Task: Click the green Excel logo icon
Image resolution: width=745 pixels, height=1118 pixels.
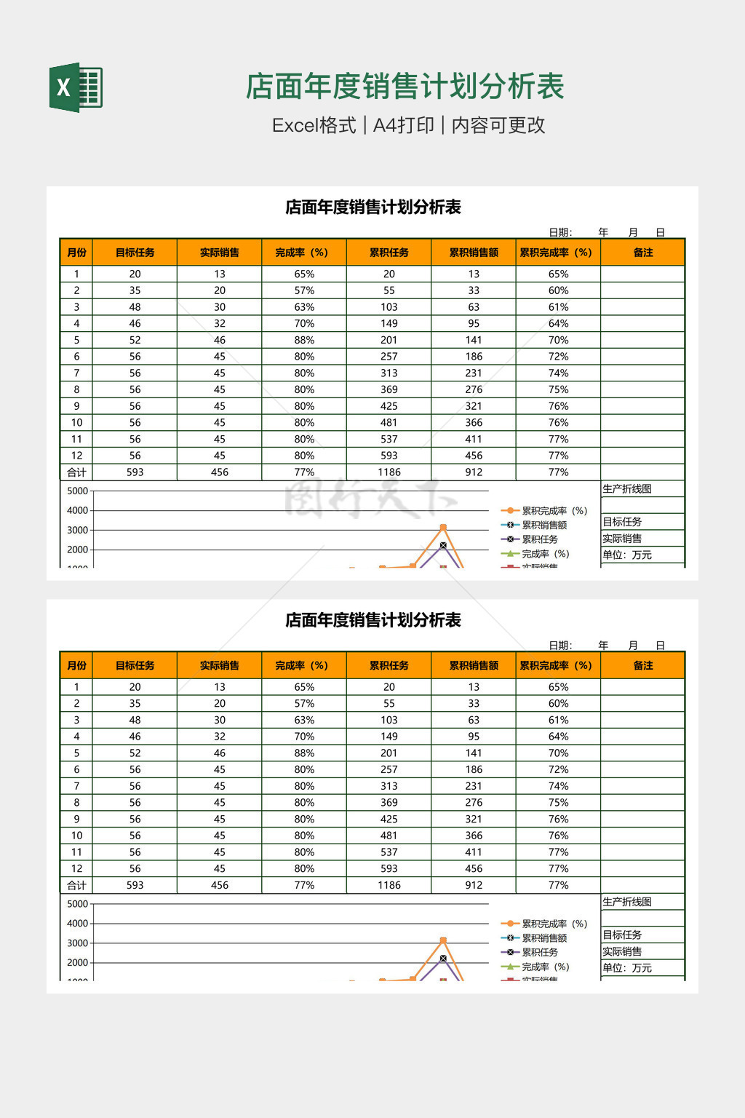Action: point(76,88)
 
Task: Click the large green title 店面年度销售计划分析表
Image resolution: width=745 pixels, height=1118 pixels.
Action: point(405,87)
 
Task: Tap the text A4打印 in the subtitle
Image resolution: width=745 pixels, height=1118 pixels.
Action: point(403,125)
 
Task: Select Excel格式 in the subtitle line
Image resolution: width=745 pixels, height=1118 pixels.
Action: point(314,125)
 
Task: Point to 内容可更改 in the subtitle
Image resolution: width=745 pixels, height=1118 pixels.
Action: point(498,125)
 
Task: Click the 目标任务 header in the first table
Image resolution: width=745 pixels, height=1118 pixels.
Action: point(135,253)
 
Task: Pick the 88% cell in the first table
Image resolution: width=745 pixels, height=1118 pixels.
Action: point(304,340)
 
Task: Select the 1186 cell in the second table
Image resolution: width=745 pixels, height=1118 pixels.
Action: point(389,885)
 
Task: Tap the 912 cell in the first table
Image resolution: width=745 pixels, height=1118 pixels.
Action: point(474,472)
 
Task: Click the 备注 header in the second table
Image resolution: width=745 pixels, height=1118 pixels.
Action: point(642,665)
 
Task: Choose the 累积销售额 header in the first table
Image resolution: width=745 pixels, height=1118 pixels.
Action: point(474,253)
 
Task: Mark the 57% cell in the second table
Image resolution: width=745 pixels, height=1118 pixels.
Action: point(304,703)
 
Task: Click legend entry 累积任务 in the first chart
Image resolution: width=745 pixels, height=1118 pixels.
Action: point(539,539)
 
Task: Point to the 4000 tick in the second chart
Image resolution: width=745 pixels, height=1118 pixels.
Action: point(77,923)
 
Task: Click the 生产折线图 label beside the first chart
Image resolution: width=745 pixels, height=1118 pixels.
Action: point(627,488)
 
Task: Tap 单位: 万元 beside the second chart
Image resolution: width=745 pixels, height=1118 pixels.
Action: point(627,968)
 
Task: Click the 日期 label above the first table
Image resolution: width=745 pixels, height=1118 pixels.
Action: point(560,232)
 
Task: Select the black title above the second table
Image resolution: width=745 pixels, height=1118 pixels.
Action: point(372,620)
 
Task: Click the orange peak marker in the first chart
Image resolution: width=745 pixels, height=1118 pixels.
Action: point(443,527)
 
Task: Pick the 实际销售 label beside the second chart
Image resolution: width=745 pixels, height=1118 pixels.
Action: point(622,951)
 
